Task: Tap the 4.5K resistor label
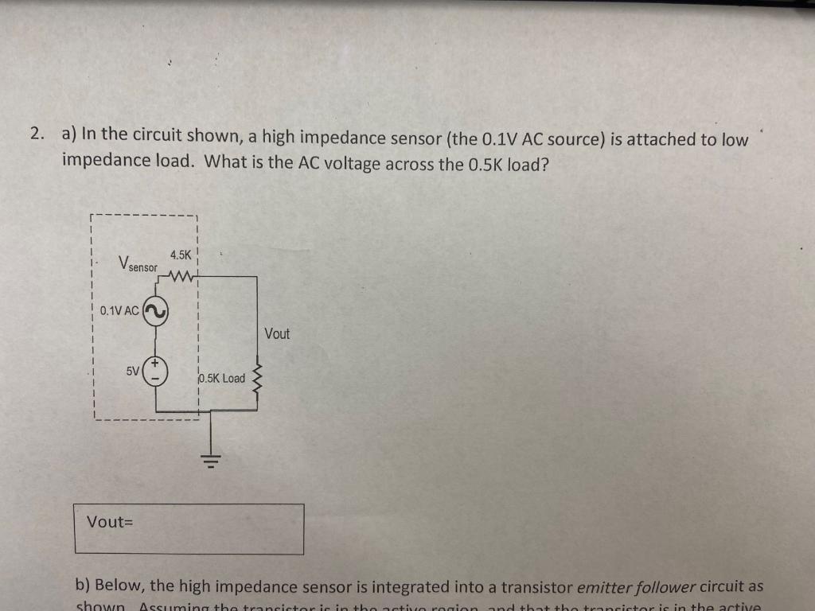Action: [181, 255]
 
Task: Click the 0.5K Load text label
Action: [223, 379]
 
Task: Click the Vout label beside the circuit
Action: [277, 334]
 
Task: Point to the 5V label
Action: [132, 371]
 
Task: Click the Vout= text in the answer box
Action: [109, 522]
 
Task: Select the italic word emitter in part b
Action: [604, 587]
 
